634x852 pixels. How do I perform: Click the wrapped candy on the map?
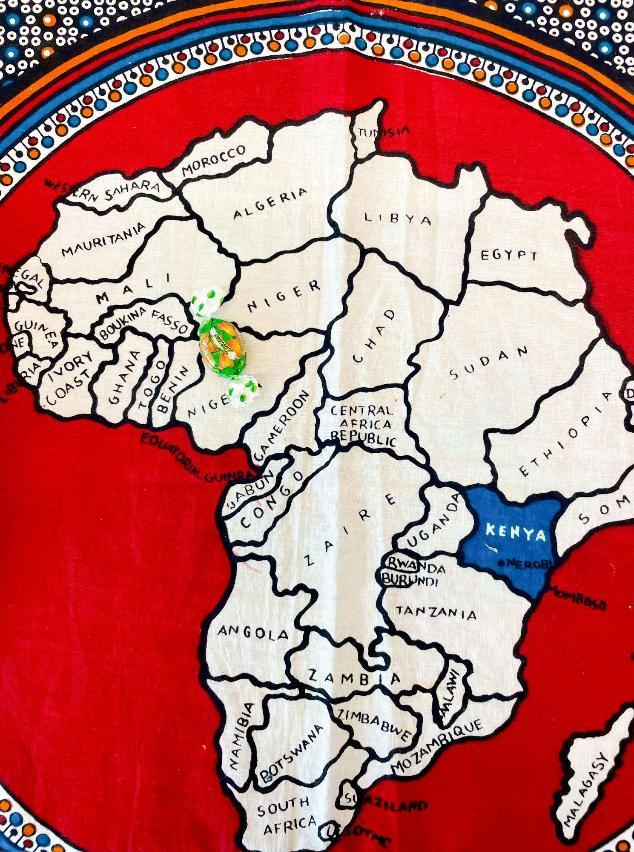tap(223, 346)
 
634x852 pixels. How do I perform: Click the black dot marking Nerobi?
tap(501, 563)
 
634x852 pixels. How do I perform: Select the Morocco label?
tap(214, 160)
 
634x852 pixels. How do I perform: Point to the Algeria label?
tap(270, 203)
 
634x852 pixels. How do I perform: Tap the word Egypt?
tap(509, 255)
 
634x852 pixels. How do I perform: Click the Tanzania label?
tap(436, 612)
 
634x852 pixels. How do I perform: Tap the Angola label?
tap(253, 633)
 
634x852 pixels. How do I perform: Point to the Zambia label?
tap(354, 677)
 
